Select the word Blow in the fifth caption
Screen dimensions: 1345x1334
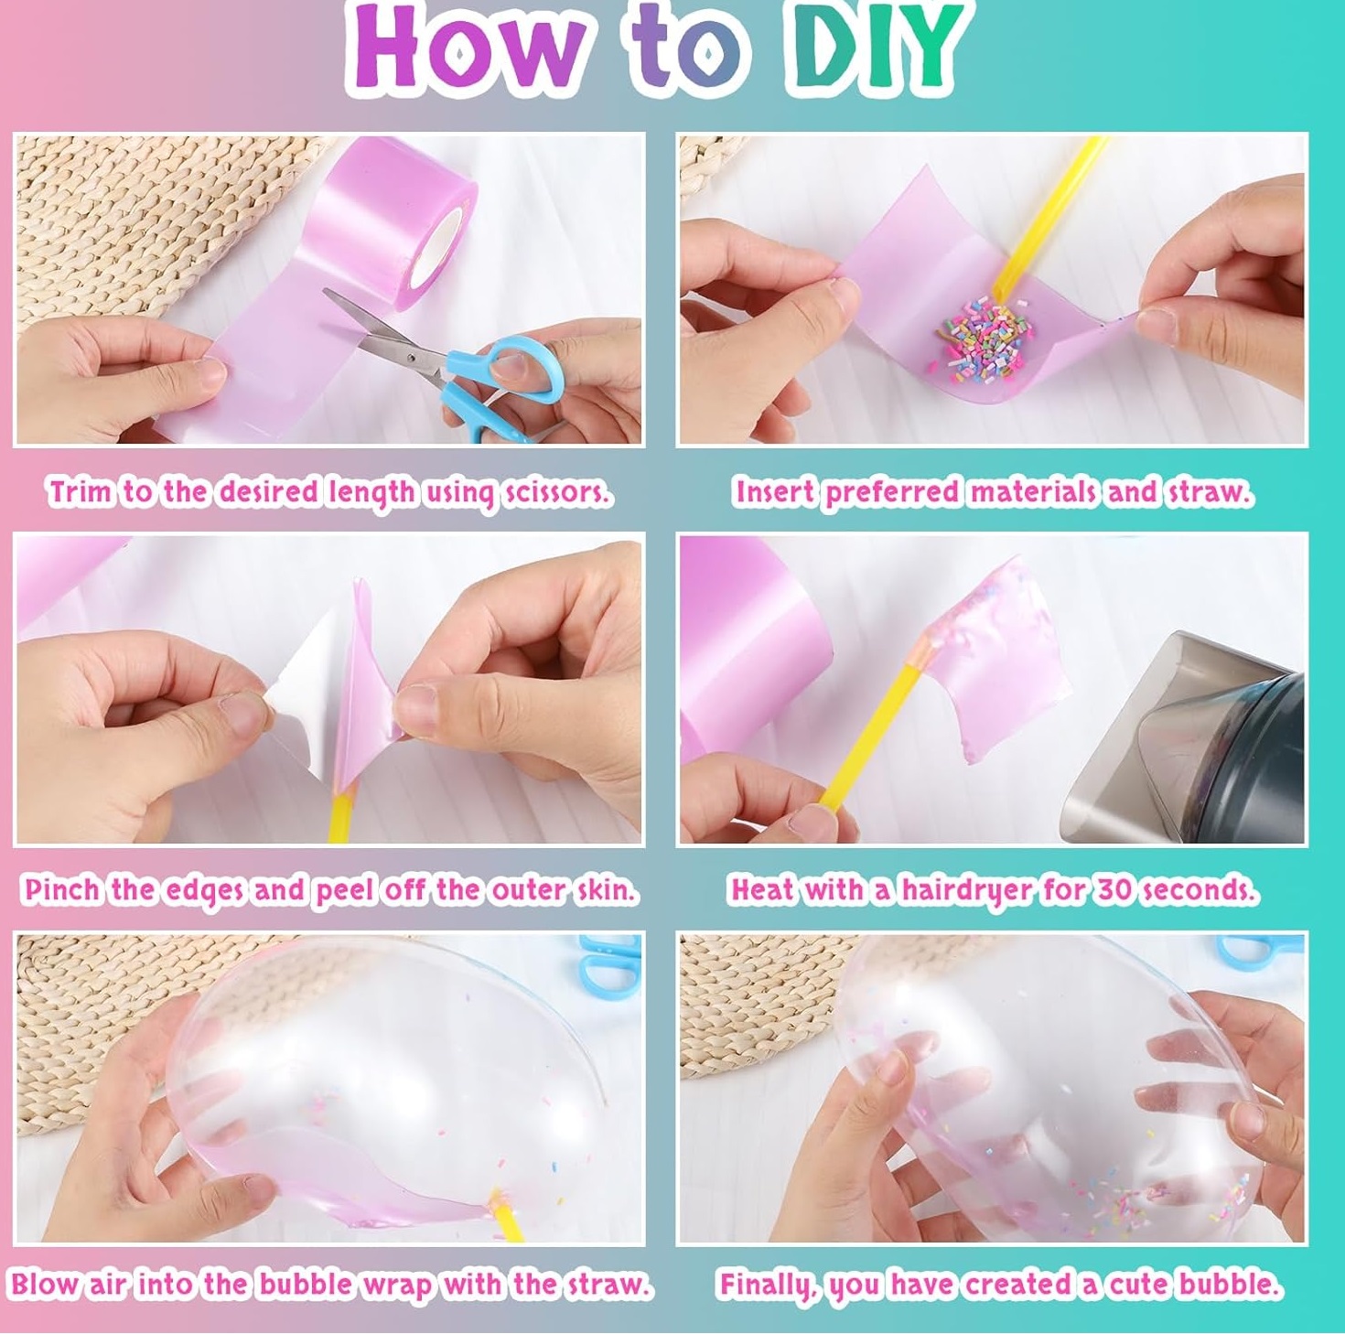click(45, 1285)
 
